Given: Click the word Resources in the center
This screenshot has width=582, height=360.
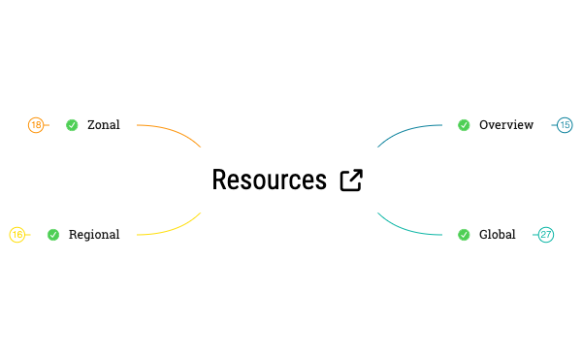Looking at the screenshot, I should click(269, 180).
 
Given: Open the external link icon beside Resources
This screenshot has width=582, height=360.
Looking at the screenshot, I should click(351, 180).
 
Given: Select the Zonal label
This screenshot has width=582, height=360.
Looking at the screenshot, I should click(104, 125).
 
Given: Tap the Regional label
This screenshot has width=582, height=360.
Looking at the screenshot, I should click(94, 235).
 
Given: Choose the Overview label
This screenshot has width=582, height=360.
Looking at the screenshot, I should click(506, 125).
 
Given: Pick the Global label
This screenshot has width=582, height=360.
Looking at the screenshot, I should click(498, 235).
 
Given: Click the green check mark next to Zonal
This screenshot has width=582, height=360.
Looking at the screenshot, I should click(72, 125).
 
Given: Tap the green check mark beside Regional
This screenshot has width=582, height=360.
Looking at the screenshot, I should click(53, 235).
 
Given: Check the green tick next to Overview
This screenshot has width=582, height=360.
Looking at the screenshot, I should click(464, 125).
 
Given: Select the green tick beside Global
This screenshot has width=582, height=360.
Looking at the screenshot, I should click(464, 235).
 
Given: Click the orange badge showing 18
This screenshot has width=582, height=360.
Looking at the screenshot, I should click(36, 125).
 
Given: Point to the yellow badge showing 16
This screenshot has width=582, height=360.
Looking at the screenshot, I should click(16, 235).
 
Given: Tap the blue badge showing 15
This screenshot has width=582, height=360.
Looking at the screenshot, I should click(565, 125).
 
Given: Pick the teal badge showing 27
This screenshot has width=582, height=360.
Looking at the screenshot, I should click(546, 235).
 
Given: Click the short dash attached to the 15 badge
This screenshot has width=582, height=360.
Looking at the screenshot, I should click(554, 125).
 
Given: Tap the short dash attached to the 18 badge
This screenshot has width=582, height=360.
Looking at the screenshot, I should click(47, 125).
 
